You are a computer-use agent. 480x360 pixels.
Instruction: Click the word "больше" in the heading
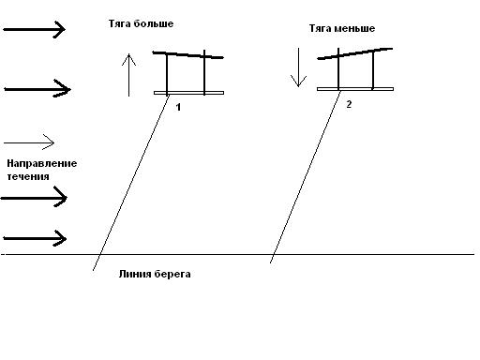coord(154,23)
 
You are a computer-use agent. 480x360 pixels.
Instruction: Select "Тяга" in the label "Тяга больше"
coord(120,23)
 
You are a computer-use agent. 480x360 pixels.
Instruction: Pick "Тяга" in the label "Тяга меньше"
coord(321,28)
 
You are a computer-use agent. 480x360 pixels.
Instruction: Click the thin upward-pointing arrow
coord(128,75)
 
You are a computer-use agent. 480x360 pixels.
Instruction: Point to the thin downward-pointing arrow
coord(298,67)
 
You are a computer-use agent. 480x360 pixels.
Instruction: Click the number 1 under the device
coord(178,107)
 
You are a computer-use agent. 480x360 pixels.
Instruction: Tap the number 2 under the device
coord(349,104)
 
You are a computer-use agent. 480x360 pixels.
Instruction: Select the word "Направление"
coord(42,163)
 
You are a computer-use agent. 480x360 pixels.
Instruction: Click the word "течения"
coord(28,176)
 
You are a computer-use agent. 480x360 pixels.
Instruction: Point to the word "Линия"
coord(132,274)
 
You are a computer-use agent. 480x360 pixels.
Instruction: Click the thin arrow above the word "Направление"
coord(29,142)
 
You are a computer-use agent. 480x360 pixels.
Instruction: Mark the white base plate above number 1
coord(188,93)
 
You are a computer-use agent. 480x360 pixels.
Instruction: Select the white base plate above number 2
coord(355,89)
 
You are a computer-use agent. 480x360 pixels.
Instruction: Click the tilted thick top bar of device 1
coord(187,55)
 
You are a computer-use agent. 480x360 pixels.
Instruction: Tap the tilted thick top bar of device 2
coord(355,53)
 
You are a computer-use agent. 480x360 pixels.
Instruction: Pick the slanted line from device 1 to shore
coord(131,182)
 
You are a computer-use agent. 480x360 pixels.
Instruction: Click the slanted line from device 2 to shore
coord(306,176)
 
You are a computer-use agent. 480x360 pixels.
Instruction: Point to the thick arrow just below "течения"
coord(34,198)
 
